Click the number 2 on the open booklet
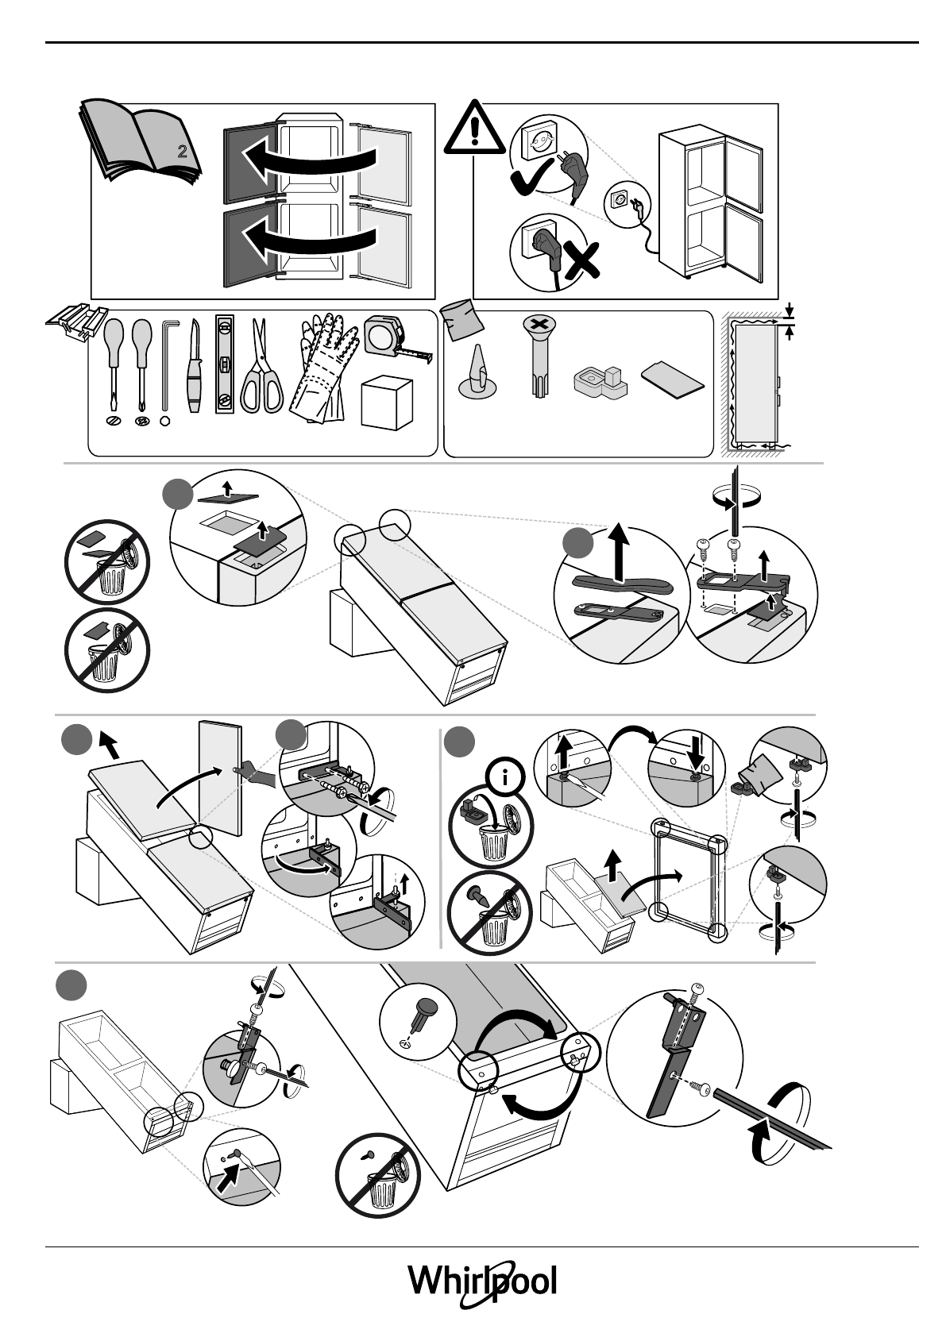[x=182, y=152]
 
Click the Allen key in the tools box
[x=165, y=365]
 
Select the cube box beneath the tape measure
[x=387, y=403]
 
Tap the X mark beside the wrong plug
[x=581, y=260]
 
